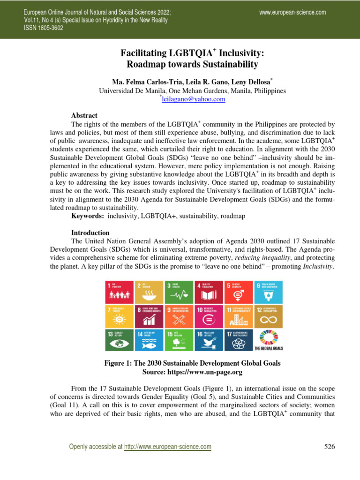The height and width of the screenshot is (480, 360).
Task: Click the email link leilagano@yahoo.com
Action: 193,99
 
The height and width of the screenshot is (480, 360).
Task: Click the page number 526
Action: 330,447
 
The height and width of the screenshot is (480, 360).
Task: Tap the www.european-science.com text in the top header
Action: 292,12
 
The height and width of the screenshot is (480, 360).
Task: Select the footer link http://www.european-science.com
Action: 167,447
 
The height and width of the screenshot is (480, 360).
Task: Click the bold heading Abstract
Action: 84,115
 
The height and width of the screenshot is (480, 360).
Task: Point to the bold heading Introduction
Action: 90,232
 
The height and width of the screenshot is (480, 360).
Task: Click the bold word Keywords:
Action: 88,216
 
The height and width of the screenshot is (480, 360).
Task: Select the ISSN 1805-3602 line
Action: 44,28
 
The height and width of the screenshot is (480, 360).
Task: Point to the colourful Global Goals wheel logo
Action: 268,337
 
